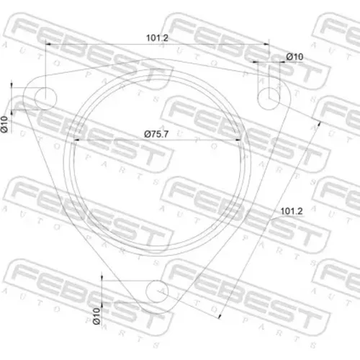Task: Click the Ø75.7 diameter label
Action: coord(156,134)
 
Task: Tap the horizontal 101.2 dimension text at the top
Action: coord(157,38)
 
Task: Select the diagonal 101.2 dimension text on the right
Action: coord(292,211)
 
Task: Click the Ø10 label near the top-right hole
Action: coord(294,57)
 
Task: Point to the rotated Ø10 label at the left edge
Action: coord(4,124)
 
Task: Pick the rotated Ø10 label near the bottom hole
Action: coord(96,316)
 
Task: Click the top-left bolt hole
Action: coord(45,99)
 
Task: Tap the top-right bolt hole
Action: coord(269,99)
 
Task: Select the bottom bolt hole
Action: coord(157,292)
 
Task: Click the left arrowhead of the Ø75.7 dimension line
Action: coord(77,140)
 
